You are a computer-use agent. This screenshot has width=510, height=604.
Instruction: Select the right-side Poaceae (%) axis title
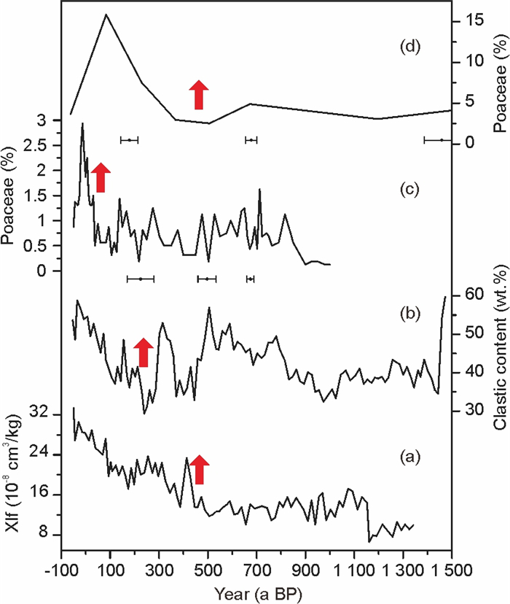pos(500,82)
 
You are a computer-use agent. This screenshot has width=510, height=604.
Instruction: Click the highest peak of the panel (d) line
pos(106,15)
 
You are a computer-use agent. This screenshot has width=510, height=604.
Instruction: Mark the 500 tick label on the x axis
pos(208,567)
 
